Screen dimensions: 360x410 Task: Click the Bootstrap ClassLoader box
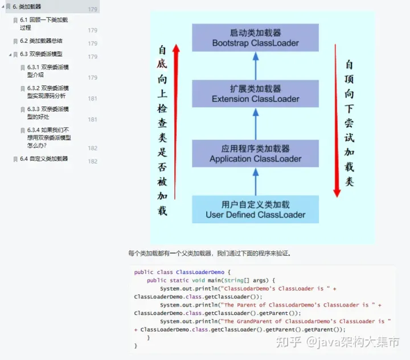(255, 38)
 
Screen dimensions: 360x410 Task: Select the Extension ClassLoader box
(255, 94)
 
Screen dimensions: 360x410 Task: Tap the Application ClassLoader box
(255, 154)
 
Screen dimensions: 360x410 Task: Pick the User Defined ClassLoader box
(255, 210)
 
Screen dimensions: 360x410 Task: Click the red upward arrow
(176, 120)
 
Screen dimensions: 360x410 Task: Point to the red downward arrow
(337, 120)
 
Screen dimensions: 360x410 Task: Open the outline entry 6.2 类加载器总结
(41, 41)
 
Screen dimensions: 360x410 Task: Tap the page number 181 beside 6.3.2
(92, 99)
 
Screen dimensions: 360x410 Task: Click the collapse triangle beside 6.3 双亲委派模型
(10, 54)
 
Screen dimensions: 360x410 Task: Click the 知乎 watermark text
(288, 342)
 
